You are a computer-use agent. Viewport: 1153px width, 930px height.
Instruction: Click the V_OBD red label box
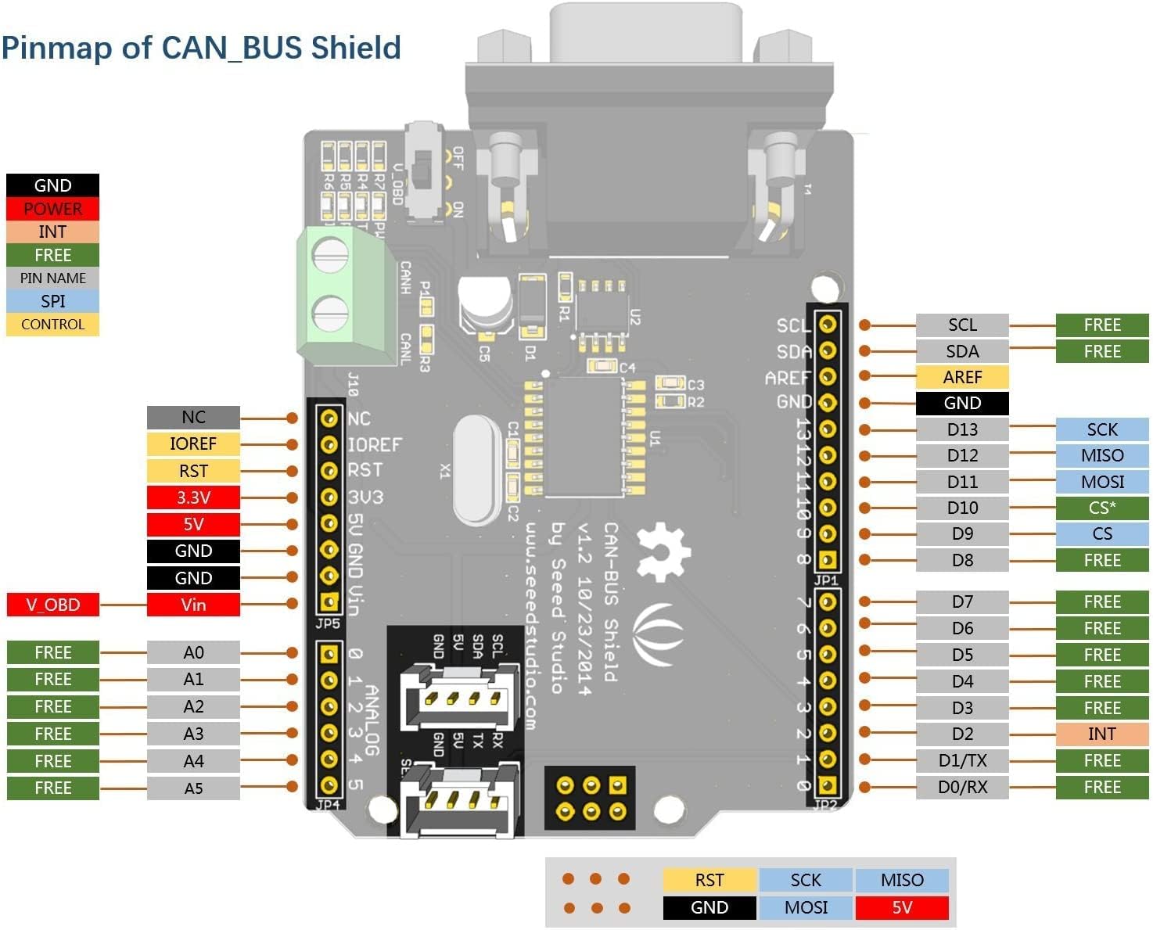click(x=52, y=605)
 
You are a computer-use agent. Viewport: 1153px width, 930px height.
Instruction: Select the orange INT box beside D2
click(x=1101, y=734)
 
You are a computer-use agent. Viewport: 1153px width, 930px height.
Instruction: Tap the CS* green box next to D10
click(x=1101, y=508)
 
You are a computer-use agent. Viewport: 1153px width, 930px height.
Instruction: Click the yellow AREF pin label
click(x=962, y=377)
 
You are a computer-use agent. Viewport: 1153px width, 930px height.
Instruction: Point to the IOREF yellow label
click(x=193, y=443)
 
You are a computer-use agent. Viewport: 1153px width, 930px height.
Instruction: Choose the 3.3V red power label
click(x=193, y=497)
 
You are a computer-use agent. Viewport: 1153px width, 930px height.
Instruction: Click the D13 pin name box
click(x=962, y=429)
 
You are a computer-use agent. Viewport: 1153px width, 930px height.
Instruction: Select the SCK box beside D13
click(x=1101, y=429)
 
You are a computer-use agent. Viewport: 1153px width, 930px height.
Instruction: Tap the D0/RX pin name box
click(x=962, y=787)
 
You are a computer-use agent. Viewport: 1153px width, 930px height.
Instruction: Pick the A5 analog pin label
click(x=193, y=788)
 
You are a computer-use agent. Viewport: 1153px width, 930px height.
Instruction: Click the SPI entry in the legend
click(x=52, y=301)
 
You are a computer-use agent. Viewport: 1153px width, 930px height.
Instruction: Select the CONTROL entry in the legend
click(x=52, y=324)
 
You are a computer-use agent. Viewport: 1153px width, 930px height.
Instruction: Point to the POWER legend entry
click(x=52, y=209)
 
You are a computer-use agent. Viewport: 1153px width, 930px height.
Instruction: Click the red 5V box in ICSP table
click(x=902, y=907)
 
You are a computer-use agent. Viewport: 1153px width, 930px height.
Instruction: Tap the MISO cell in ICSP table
click(x=902, y=880)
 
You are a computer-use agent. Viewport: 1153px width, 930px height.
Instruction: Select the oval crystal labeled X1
click(x=476, y=471)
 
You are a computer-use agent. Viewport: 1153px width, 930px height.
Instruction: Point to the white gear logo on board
click(x=663, y=552)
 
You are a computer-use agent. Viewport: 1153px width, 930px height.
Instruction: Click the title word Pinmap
click(x=56, y=48)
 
